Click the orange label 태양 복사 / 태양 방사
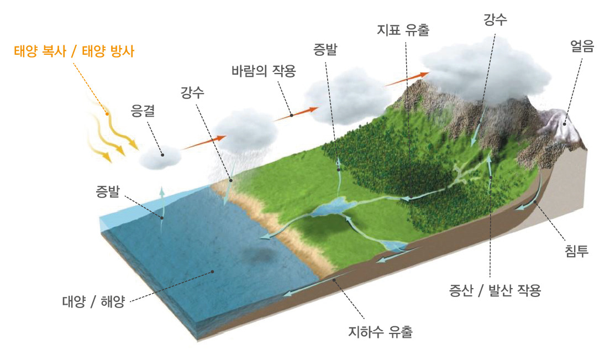pos(74,53)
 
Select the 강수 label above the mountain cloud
pos(495,20)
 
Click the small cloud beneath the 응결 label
pos(160,157)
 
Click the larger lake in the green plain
pos(331,207)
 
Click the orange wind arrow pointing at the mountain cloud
pos(406,79)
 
